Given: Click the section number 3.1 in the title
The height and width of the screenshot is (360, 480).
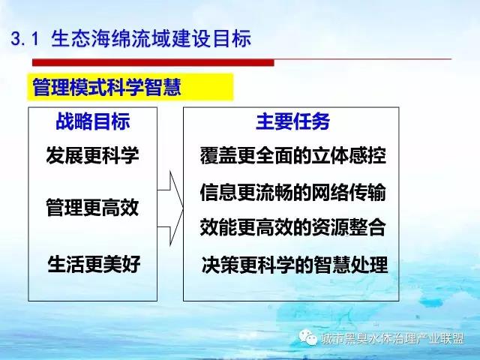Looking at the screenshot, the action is coord(25,39).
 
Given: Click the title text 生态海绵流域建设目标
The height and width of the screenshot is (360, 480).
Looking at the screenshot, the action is coord(151,38).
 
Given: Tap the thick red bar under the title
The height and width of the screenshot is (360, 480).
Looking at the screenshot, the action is coord(153,62).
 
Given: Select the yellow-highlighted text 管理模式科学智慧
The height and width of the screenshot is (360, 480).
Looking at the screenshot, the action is coord(106,87).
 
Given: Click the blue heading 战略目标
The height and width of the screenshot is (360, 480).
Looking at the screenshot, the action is coord(93,121).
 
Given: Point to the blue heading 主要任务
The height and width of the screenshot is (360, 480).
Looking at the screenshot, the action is coord(292,121).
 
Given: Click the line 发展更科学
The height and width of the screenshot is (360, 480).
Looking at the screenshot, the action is coord(92,155).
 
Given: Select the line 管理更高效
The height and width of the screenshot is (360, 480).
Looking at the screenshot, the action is coord(92,207).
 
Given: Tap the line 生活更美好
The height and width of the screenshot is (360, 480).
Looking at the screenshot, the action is coord(94,264).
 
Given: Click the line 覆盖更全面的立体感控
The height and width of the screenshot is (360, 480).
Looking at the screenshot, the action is coord(293,155).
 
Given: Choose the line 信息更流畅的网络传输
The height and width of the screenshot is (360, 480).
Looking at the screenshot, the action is coord(293,192).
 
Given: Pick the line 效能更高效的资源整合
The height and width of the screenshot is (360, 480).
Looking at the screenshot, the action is coord(293,227).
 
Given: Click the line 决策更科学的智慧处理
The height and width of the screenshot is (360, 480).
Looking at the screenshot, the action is coord(295,265).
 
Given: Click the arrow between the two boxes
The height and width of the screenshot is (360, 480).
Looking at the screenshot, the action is coord(170,208).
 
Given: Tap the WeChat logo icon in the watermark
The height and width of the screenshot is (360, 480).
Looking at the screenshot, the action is coord(308,337).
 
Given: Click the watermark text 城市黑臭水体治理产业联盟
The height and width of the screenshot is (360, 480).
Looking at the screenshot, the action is coord(393,338).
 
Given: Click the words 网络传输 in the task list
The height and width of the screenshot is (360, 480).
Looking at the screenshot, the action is coord(349,192).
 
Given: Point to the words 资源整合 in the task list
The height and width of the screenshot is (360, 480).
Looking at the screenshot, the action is coord(349,227).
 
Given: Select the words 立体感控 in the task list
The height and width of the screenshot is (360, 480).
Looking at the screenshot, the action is coord(349,155).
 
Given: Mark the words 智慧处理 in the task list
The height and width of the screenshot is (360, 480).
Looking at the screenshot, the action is coord(350,265).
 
